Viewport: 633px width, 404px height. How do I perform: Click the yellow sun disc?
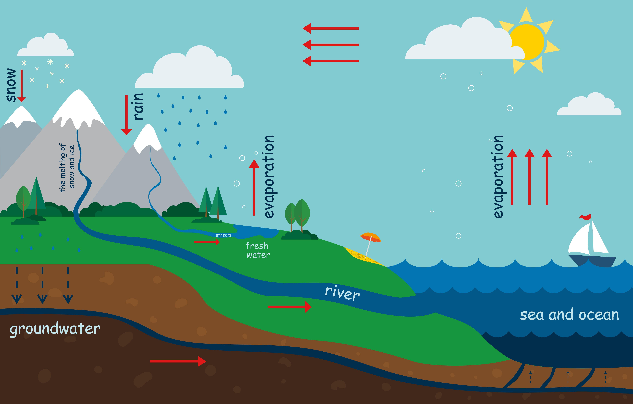[x=527, y=42]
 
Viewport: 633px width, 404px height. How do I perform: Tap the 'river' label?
[x=342, y=293]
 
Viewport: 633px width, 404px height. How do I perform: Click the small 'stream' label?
[x=223, y=235]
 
